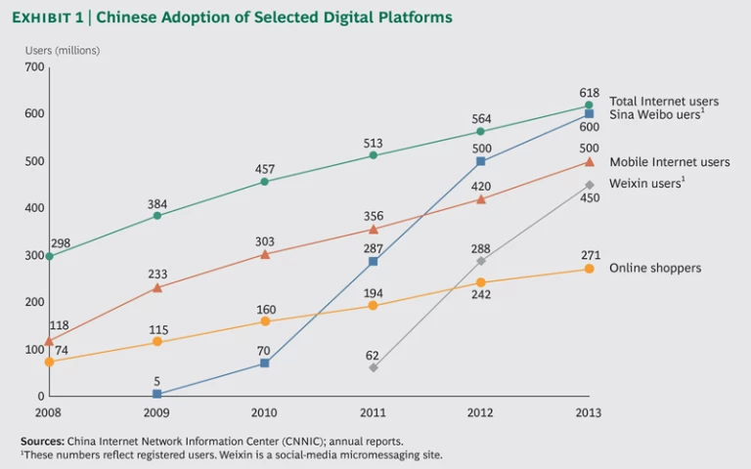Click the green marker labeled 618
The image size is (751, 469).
(589, 105)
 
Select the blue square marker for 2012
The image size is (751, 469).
(481, 161)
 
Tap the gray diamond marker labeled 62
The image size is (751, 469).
(374, 367)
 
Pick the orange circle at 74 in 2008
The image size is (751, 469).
(49, 362)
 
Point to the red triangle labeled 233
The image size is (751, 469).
(157, 287)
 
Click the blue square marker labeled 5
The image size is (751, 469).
(157, 394)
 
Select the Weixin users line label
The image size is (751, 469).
(646, 183)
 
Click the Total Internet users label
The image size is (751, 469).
(663, 101)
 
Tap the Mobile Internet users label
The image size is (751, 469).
(669, 162)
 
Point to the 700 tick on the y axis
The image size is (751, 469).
(35, 67)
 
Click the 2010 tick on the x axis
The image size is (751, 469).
(265, 412)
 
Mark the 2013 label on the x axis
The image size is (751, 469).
(589, 412)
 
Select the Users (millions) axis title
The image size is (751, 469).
(63, 49)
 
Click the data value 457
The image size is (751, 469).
(265, 169)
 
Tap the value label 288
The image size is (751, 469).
(481, 247)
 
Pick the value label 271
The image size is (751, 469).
(589, 254)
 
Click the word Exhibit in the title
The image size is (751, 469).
(51, 18)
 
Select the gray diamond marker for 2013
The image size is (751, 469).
(589, 185)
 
